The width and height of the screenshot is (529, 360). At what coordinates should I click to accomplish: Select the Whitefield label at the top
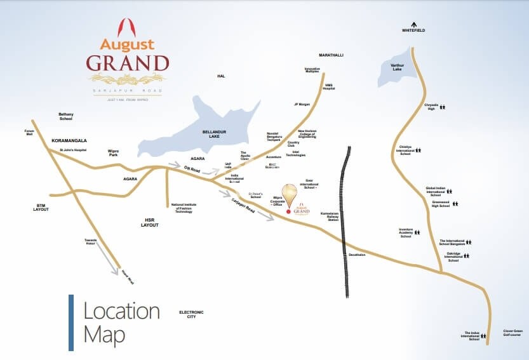click(x=413, y=30)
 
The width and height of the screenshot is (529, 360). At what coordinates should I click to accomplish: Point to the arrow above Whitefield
click(x=413, y=23)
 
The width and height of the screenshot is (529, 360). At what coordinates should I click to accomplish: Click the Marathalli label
click(x=331, y=55)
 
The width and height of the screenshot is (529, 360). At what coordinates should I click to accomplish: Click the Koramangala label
click(x=69, y=140)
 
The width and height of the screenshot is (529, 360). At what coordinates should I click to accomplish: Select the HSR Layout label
click(x=151, y=222)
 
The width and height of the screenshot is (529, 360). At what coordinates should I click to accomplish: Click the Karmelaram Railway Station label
click(x=333, y=216)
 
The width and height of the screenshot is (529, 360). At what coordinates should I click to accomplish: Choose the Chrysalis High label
click(x=431, y=107)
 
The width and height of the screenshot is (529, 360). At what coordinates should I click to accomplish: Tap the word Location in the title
click(x=121, y=311)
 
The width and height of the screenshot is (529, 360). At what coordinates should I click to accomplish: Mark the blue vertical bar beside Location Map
click(x=71, y=323)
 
